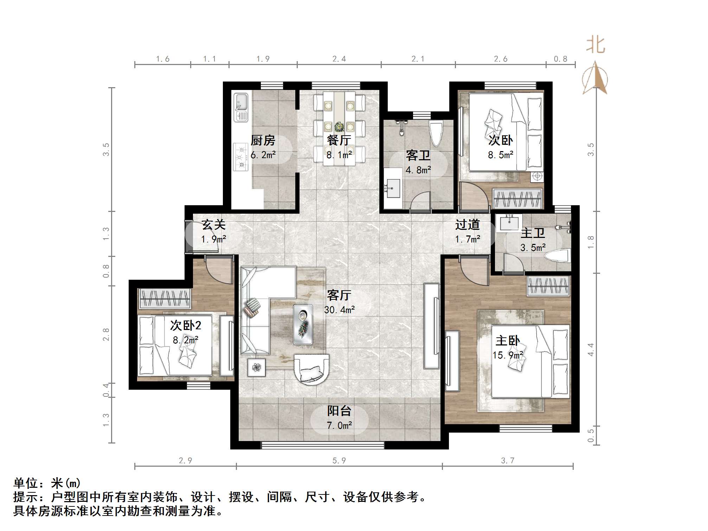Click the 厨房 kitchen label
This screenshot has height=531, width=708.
click(x=263, y=141)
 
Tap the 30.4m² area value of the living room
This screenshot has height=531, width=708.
click(x=339, y=310)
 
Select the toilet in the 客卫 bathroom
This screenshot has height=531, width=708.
click(x=436, y=134)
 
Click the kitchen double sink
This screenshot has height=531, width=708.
click(x=241, y=107)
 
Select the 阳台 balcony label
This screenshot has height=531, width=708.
click(x=339, y=411)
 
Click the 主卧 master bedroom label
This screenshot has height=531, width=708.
click(x=508, y=341)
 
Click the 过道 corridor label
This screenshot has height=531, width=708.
click(x=467, y=225)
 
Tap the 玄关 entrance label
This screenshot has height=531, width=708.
click(x=213, y=225)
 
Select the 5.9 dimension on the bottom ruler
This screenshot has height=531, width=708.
click(x=339, y=460)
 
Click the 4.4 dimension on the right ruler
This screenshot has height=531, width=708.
click(x=591, y=350)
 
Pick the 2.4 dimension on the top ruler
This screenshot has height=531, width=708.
click(x=339, y=59)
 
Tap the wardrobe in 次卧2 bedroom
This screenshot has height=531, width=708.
click(x=165, y=298)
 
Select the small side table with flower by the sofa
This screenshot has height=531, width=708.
click(x=257, y=368)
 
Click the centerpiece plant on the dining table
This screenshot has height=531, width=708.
click(x=339, y=127)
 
